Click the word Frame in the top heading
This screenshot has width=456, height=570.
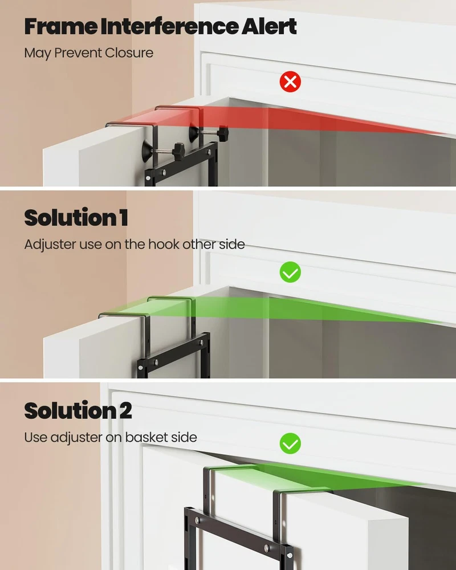click(61, 26)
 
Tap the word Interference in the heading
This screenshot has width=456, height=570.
click(169, 26)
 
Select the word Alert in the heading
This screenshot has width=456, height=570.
click(269, 26)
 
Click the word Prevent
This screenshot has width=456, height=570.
click(78, 52)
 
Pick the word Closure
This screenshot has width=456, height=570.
click(129, 52)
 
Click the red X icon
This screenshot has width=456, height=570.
click(290, 82)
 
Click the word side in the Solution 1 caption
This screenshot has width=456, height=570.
click(231, 244)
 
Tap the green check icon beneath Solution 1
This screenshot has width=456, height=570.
click(290, 272)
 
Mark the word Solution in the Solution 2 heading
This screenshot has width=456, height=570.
click(70, 410)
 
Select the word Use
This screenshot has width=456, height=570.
click(35, 437)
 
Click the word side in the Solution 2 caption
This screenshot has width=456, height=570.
click(184, 437)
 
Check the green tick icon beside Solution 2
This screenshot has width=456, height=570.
click(290, 443)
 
